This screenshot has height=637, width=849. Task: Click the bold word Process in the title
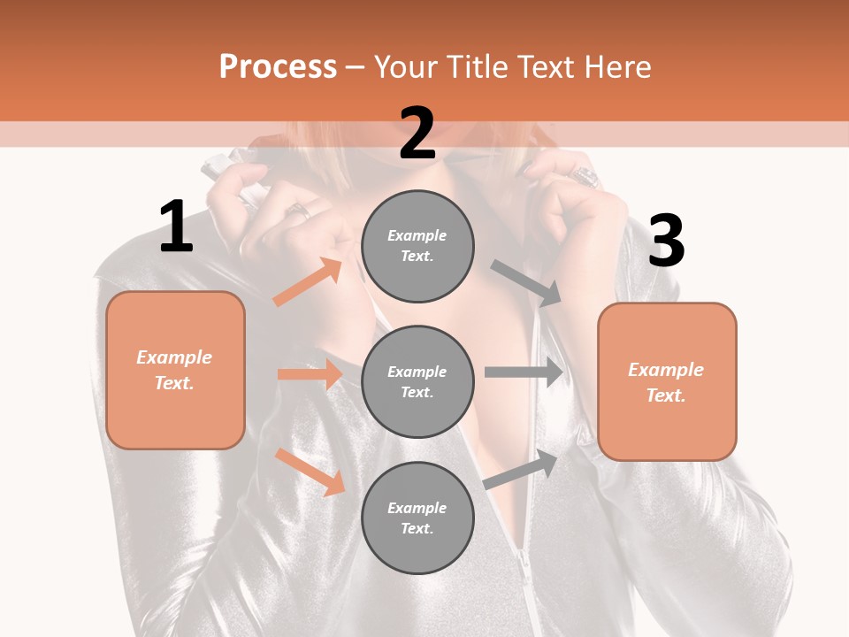click(x=278, y=67)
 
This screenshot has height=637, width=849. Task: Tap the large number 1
click(x=176, y=227)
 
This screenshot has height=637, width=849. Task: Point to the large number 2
click(x=417, y=134)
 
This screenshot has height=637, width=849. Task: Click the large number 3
click(x=666, y=242)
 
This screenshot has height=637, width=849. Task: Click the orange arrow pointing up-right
click(x=308, y=282)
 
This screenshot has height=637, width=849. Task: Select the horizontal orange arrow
click(x=310, y=374)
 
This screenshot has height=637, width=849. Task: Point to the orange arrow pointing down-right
click(x=310, y=472)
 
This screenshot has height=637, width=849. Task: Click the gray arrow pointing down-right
click(x=526, y=283)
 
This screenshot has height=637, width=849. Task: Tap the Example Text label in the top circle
click(x=417, y=246)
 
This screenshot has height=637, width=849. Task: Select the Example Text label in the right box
click(x=666, y=382)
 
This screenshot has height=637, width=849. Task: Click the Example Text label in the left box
click(x=174, y=370)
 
